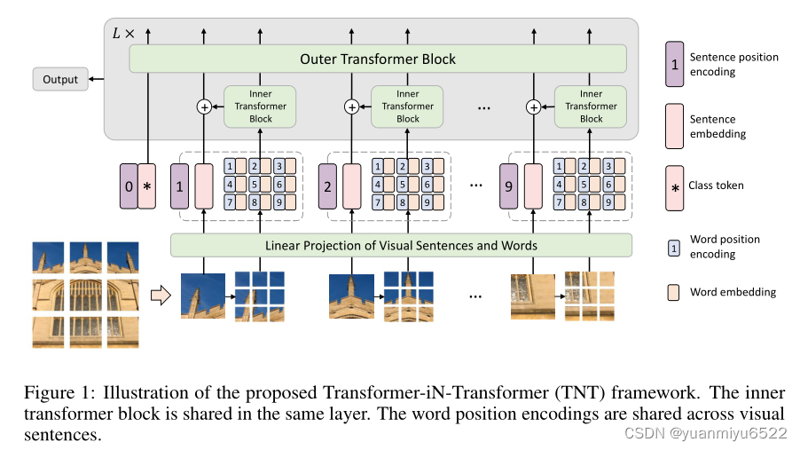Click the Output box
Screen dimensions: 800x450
(x=60, y=79)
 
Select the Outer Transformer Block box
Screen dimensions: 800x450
(x=378, y=59)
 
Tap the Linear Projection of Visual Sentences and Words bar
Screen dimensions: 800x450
(x=401, y=245)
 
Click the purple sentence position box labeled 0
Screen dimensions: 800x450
(x=129, y=186)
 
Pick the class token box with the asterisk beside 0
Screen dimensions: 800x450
(x=147, y=186)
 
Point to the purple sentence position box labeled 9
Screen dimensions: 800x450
(x=509, y=186)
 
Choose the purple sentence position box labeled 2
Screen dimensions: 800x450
(x=327, y=186)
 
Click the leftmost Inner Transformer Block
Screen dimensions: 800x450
(x=260, y=107)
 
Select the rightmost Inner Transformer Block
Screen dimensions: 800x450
(x=591, y=107)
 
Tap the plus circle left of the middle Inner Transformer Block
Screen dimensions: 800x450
(x=351, y=107)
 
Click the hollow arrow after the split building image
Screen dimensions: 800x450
(x=161, y=296)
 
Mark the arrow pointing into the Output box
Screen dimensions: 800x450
(x=97, y=79)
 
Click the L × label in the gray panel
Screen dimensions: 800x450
(x=123, y=34)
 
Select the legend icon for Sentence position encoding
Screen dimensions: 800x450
(x=674, y=64)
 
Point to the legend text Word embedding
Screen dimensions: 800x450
(x=733, y=292)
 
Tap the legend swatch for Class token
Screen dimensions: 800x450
(x=674, y=188)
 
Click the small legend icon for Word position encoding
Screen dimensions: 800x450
(x=674, y=248)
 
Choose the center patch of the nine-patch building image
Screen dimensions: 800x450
(x=86, y=295)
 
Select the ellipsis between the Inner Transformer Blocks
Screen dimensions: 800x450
(x=483, y=107)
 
